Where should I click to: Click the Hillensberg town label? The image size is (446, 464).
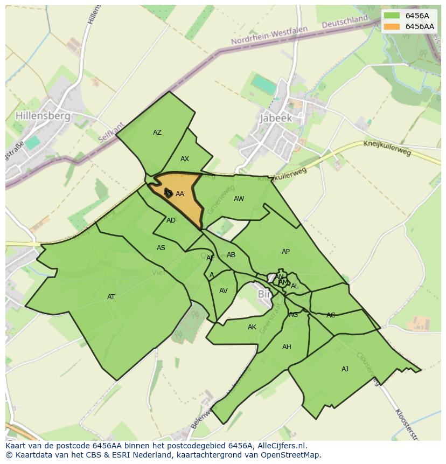click(43, 116)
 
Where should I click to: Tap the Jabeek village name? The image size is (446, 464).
click(275, 118)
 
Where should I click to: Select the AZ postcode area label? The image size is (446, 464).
click(157, 133)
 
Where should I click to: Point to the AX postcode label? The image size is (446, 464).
click(185, 159)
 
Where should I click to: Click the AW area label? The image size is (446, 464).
click(239, 199)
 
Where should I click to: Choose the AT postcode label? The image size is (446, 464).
click(111, 297)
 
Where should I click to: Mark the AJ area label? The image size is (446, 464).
click(345, 369)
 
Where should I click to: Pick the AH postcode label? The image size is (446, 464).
click(287, 347)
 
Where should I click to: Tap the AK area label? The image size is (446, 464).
click(252, 327)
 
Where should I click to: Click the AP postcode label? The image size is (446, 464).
click(285, 252)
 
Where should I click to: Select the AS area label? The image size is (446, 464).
click(161, 248)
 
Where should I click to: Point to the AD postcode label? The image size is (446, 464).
click(171, 220)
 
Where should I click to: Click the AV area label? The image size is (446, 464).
click(224, 291)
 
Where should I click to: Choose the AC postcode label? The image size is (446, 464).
click(331, 315)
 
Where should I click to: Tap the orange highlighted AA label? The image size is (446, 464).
click(180, 194)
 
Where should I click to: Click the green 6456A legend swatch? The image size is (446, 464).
click(392, 16)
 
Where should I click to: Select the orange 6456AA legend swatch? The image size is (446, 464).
click(392, 26)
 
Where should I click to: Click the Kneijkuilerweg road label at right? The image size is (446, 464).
click(387, 148)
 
